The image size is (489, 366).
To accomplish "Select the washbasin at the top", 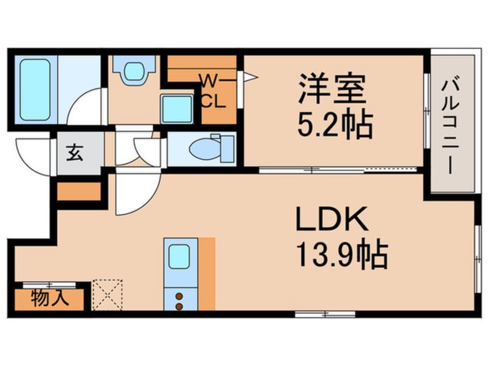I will (x=133, y=72).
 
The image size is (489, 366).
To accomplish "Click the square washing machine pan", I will (x=177, y=109).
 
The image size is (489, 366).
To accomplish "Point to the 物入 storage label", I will (x=51, y=298).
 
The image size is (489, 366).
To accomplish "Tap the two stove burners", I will (x=180, y=301).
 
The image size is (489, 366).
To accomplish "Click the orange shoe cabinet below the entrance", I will (x=79, y=191).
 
